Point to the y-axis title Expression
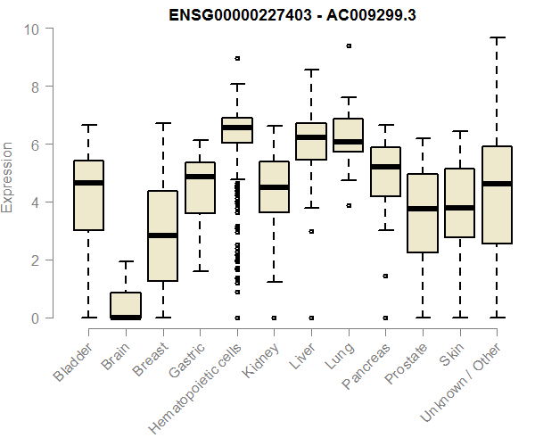tap(8, 176)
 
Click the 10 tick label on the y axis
tap(32, 29)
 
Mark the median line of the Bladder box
tap(88, 183)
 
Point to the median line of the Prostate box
tap(423, 209)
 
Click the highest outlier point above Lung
tap(348, 45)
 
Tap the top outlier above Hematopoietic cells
tap(237, 58)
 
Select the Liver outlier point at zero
tap(311, 318)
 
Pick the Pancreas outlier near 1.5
tap(385, 276)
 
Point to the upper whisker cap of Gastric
tap(200, 141)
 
